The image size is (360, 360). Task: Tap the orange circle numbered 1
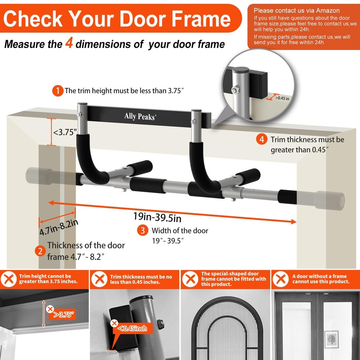click(58, 91)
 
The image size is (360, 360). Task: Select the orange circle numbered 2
click(40, 251)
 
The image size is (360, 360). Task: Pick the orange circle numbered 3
click(143, 230)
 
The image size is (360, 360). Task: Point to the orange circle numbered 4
click(262, 140)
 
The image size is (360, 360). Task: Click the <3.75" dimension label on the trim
click(65, 132)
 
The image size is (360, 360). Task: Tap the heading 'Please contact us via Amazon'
click(296, 10)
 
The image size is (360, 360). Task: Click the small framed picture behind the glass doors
click(332, 339)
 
